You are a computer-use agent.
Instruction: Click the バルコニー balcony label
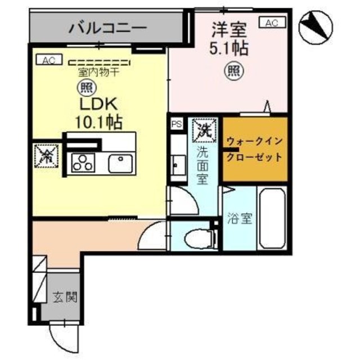click(107, 27)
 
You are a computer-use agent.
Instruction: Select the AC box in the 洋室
click(271, 22)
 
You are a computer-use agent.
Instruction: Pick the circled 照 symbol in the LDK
click(86, 88)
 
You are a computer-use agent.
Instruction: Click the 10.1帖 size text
click(99, 120)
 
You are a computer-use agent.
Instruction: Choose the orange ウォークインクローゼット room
click(255, 149)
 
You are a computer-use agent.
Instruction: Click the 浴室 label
click(239, 219)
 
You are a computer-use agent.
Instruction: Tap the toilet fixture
click(200, 236)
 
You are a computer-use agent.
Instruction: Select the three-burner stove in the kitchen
click(83, 163)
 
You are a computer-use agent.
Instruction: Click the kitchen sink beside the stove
click(119, 163)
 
